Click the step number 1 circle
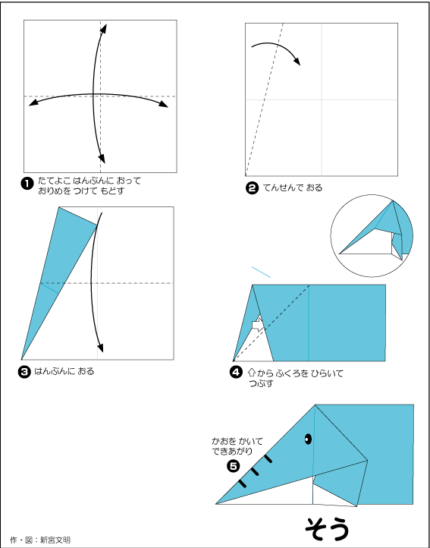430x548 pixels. [27, 182]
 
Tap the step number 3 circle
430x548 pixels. [25, 371]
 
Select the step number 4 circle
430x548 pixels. [237, 372]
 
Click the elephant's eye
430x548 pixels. [309, 439]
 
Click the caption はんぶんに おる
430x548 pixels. [64, 371]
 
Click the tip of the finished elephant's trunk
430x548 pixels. [218, 502]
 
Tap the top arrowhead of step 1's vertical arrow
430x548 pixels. [104, 27]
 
